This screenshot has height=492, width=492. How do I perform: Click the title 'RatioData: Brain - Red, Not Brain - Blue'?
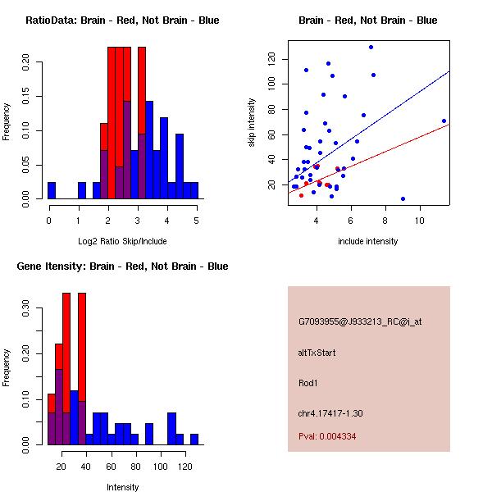tap(122, 20)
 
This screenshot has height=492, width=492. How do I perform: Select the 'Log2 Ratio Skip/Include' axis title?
tap(122, 241)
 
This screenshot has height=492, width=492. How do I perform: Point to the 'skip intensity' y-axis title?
tap(253, 123)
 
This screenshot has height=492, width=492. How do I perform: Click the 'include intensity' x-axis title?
tap(368, 241)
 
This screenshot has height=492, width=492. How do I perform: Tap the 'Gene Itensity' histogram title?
tap(122, 266)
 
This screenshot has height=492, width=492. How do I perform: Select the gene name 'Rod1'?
tap(308, 382)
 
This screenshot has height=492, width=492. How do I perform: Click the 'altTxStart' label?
tap(317, 353)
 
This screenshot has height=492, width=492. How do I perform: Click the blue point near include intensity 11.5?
tap(444, 121)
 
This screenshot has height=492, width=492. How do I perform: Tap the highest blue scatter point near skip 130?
tap(371, 47)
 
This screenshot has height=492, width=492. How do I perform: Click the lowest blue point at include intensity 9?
tap(403, 198)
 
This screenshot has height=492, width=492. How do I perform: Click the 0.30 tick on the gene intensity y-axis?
tap(26, 312)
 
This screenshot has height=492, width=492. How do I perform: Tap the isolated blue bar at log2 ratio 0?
tap(52, 190)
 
